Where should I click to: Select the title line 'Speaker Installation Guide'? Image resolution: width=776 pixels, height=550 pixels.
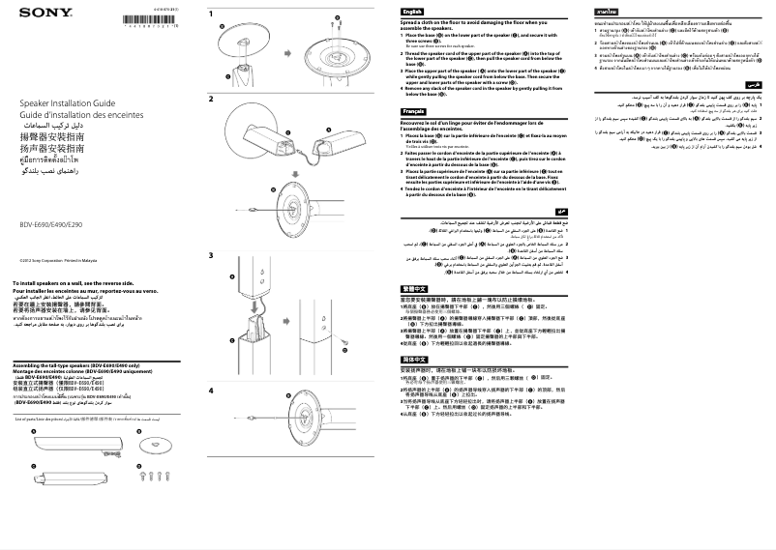click(x=60, y=101)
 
